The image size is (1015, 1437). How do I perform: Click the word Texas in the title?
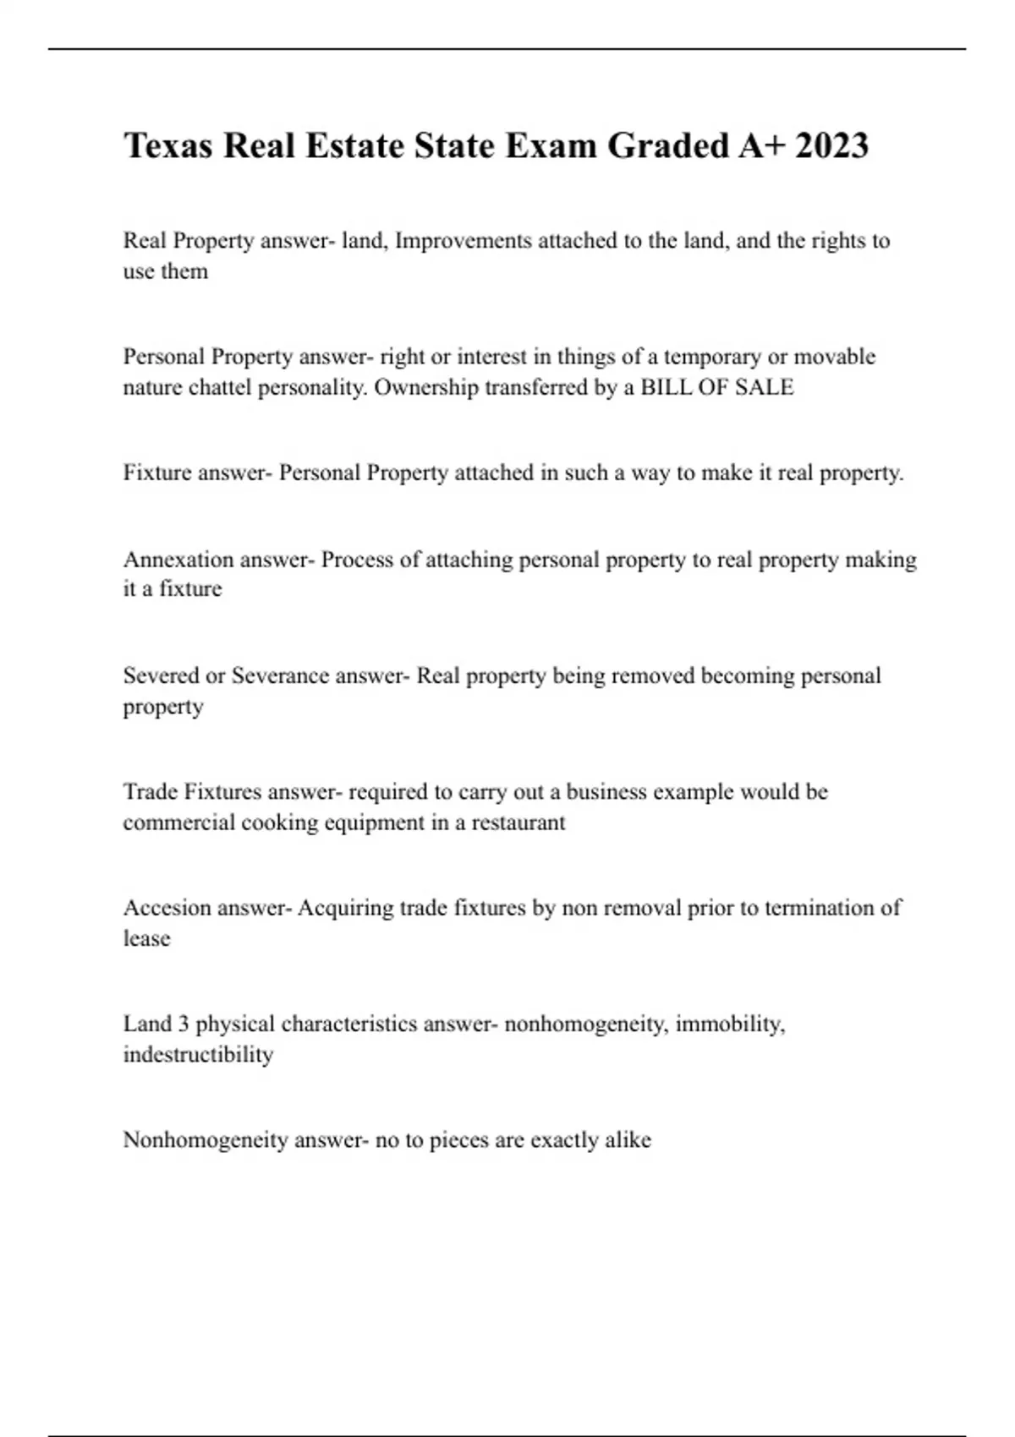pyautogui.click(x=168, y=145)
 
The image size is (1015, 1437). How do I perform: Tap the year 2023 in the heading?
pyautogui.click(x=831, y=145)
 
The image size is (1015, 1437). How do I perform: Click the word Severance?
pyautogui.click(x=280, y=675)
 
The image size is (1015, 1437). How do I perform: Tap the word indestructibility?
pyautogui.click(x=198, y=1055)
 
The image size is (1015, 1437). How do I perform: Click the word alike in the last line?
pyautogui.click(x=628, y=1140)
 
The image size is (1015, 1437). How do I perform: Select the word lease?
pyautogui.click(x=146, y=938)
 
